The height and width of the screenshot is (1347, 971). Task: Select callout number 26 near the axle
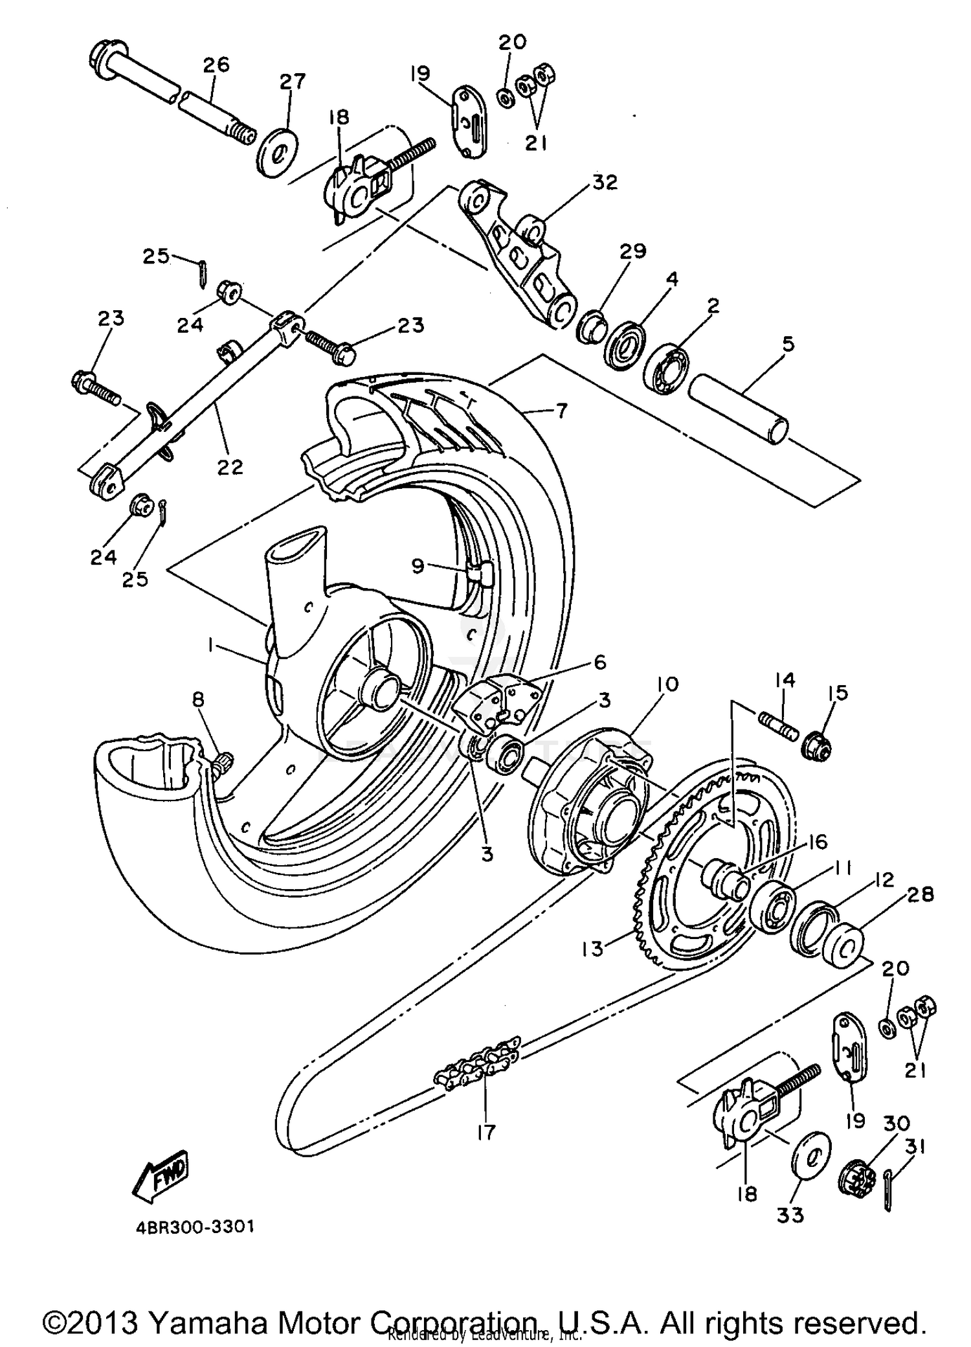(x=216, y=65)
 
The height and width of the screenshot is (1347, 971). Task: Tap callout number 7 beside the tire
(x=561, y=411)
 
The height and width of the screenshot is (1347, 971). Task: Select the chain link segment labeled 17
(x=479, y=1078)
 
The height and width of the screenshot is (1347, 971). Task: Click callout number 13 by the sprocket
(x=592, y=949)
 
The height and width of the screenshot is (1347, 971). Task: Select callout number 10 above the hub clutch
(x=667, y=685)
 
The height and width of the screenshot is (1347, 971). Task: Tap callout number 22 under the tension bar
(x=229, y=466)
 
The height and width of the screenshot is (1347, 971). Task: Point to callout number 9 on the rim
(x=418, y=566)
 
